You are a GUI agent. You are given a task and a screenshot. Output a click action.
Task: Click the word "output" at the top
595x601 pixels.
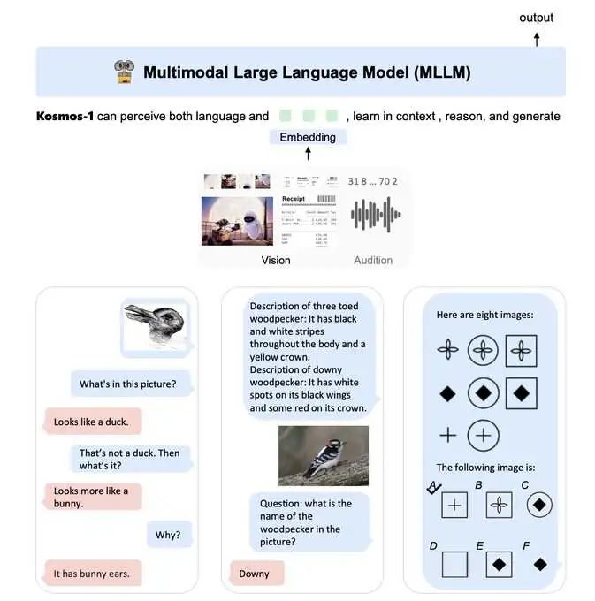click(536, 18)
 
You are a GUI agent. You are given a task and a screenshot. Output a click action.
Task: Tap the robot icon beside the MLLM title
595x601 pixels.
click(124, 72)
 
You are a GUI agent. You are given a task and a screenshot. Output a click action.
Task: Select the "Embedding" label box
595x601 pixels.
click(308, 137)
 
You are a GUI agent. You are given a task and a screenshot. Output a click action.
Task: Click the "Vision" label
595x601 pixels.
click(276, 260)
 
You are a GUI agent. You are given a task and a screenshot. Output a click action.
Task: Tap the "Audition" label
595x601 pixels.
click(373, 260)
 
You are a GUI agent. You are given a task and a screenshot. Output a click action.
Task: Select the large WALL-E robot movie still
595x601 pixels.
click(236, 220)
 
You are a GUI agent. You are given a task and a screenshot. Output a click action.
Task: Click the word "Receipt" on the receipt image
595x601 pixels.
click(294, 200)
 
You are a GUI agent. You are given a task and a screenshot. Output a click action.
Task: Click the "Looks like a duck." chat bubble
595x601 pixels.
click(90, 422)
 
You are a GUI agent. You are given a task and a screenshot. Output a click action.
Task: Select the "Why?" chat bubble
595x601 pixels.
click(169, 535)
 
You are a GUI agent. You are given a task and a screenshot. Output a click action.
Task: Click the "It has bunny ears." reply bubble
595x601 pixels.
click(91, 574)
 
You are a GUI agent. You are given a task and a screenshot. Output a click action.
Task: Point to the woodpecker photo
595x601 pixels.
click(324, 456)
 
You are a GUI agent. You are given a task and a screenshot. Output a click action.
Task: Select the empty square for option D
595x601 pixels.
click(454, 563)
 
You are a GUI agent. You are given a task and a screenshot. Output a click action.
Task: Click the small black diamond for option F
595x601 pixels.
click(539, 563)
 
